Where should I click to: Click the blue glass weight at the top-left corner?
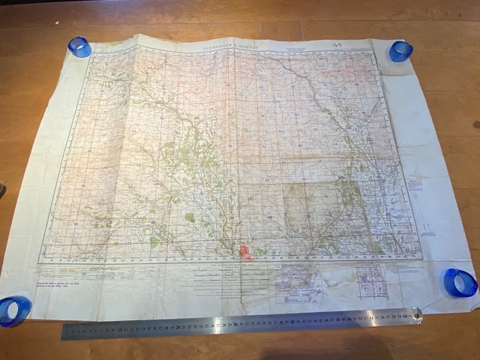(79, 46)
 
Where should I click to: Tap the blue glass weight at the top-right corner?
(400, 51)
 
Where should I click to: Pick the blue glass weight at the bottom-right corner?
(460, 283)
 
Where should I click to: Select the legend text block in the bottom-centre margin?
(225, 280)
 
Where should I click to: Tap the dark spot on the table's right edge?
(475, 124)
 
